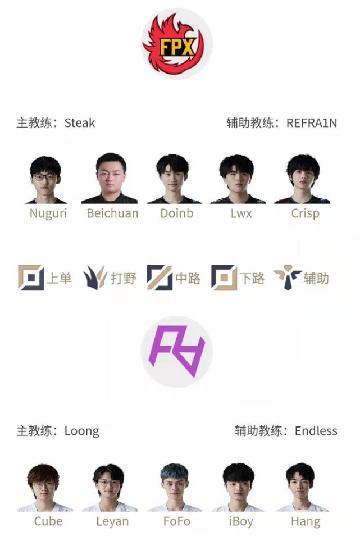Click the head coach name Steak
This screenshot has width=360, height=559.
80,123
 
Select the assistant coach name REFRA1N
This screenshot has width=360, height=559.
312,123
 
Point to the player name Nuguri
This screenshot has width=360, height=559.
48,214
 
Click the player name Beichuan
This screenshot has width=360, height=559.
112,213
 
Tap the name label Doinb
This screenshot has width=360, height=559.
177,213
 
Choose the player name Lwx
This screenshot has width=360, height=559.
241,213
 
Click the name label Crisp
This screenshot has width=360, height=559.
305,214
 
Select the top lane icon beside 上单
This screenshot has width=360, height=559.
31,278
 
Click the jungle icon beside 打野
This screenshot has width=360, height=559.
95,278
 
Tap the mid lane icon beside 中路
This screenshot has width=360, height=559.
160,278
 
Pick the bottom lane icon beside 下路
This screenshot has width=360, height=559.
224,278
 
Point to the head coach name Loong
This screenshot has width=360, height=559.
81,431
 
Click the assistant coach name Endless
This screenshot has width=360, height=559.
316,431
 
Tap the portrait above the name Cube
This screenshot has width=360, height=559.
44,488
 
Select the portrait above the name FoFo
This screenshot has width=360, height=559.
174,488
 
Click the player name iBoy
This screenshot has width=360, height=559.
241,522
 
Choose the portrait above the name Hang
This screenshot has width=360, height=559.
302,488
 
